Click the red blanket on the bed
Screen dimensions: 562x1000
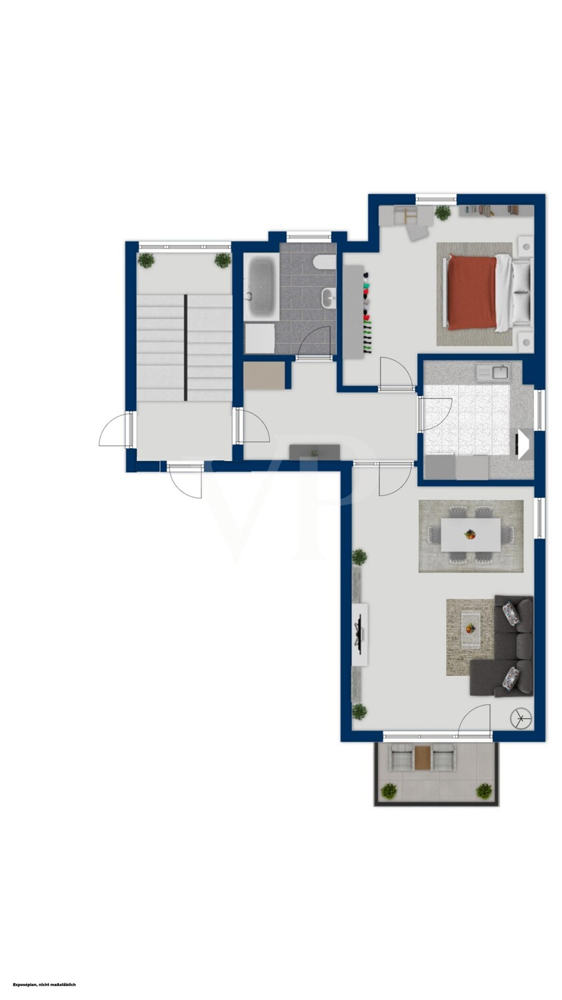(472, 293)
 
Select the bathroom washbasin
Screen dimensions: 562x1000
(329, 297)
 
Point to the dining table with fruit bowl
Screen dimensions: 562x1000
(471, 535)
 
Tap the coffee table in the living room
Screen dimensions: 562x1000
(471, 629)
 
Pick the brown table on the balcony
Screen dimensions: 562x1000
(422, 758)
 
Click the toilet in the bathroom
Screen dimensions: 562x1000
(324, 263)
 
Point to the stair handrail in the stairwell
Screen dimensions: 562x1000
(185, 347)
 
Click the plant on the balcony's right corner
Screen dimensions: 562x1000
(483, 791)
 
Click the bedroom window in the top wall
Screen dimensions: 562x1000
(436, 199)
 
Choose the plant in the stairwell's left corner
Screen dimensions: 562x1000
(147, 260)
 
